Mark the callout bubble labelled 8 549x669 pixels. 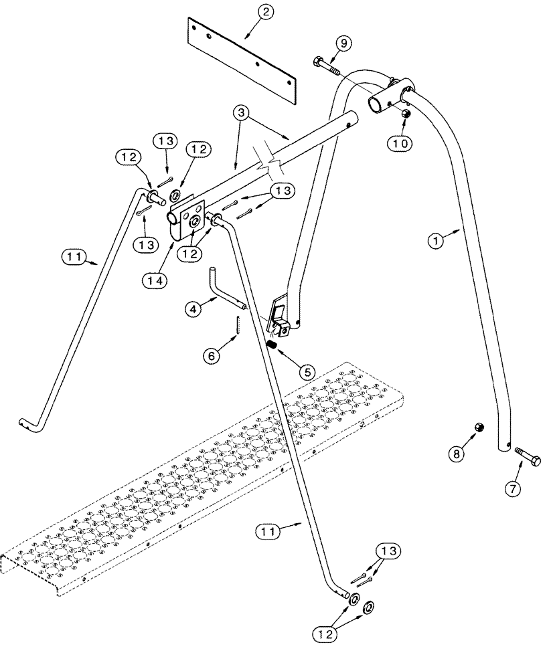pyautogui.click(x=456, y=454)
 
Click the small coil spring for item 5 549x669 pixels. pyautogui.click(x=273, y=345)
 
